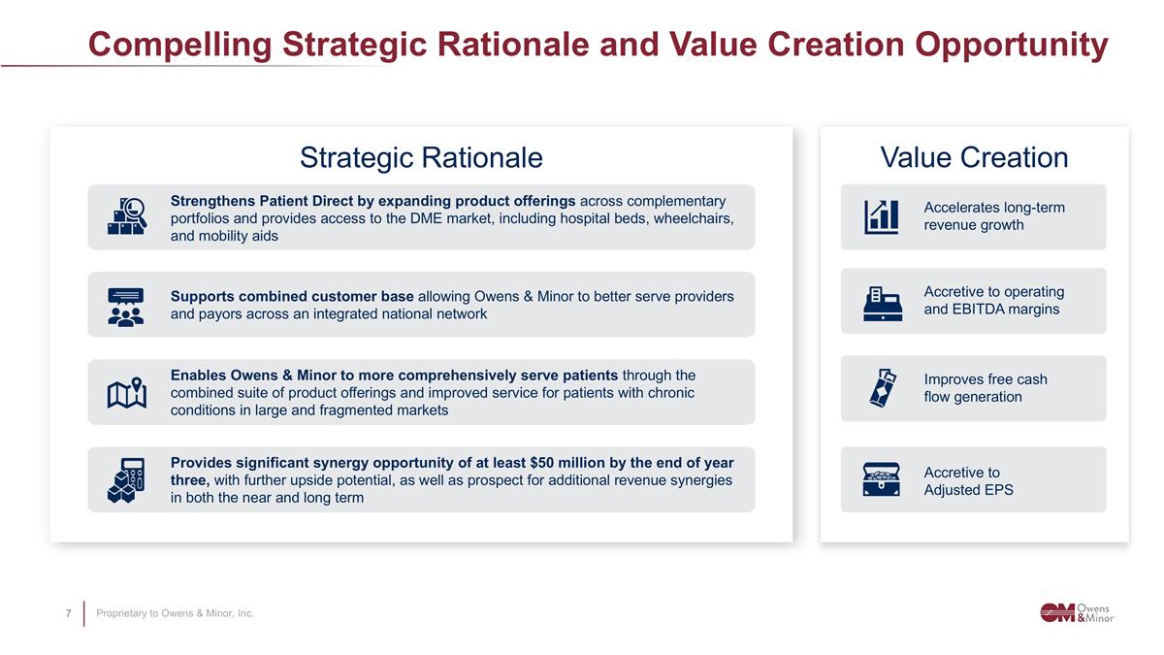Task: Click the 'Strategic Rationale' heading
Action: pyautogui.click(x=421, y=157)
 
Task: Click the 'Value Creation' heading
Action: pyautogui.click(x=974, y=157)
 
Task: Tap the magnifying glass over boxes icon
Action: pyautogui.click(x=126, y=216)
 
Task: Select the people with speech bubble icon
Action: pyautogui.click(x=126, y=306)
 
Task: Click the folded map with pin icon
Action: pyautogui.click(x=126, y=393)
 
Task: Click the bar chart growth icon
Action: pyautogui.click(x=882, y=216)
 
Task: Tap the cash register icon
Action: pyautogui.click(x=882, y=302)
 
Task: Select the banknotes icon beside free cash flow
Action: pyautogui.click(x=882, y=388)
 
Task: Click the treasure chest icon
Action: pyautogui.click(x=882, y=479)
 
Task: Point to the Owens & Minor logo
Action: pyautogui.click(x=1077, y=612)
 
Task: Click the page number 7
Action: pyautogui.click(x=68, y=613)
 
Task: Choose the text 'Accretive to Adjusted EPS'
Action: pyautogui.click(x=968, y=481)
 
